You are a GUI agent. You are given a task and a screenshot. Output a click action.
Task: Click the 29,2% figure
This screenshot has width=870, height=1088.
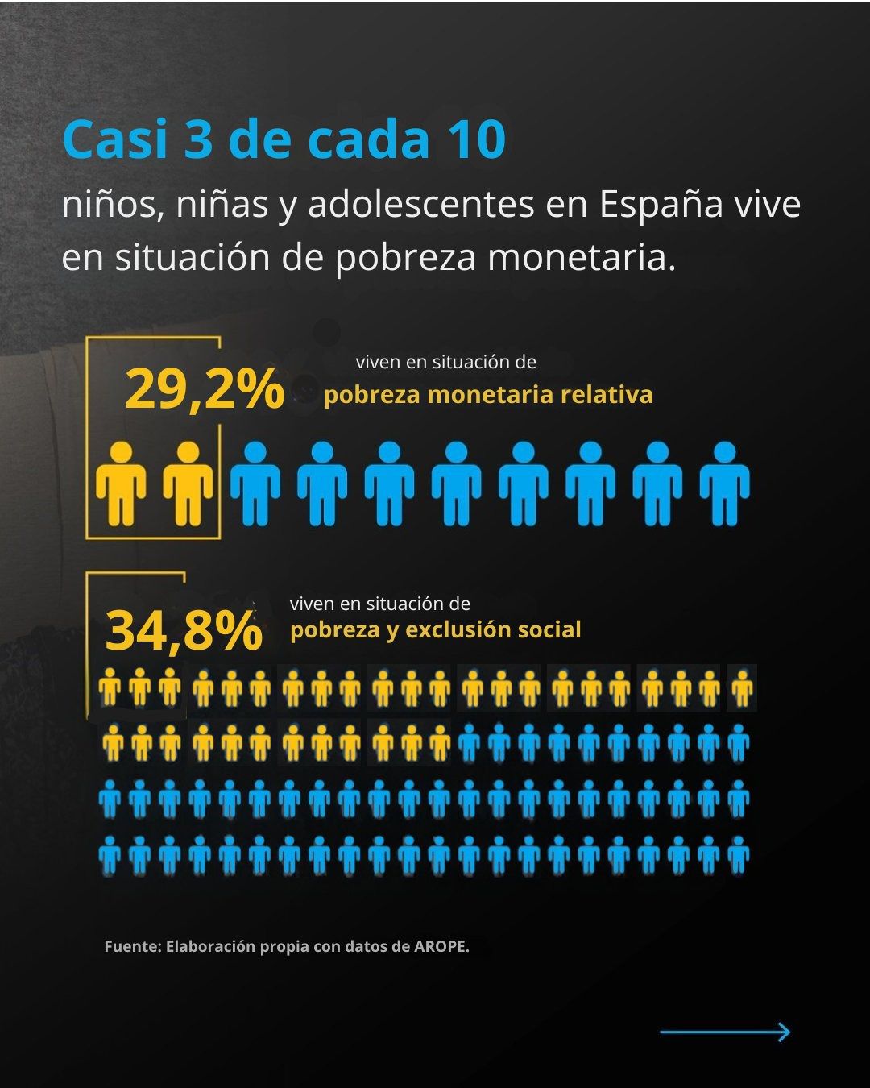tap(205, 389)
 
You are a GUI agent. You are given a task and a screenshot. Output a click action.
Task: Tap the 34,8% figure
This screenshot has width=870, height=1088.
tap(184, 631)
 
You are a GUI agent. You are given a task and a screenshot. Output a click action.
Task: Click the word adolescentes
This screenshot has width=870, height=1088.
tap(420, 205)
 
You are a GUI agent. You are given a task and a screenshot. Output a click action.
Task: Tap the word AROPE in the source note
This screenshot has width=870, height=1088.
tap(441, 946)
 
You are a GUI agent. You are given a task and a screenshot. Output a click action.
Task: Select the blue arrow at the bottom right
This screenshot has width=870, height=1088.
tap(725, 1032)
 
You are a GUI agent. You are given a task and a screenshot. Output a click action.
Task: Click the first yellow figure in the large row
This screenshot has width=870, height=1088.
tap(122, 484)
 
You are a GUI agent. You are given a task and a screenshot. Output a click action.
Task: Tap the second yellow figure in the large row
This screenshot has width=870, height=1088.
tap(188, 484)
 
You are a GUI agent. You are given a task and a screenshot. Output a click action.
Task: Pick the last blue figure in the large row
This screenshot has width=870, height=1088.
tap(724, 484)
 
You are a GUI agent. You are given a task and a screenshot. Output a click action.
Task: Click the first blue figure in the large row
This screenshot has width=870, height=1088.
tap(255, 484)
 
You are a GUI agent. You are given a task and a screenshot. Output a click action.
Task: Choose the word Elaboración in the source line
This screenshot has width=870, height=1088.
tap(210, 946)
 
